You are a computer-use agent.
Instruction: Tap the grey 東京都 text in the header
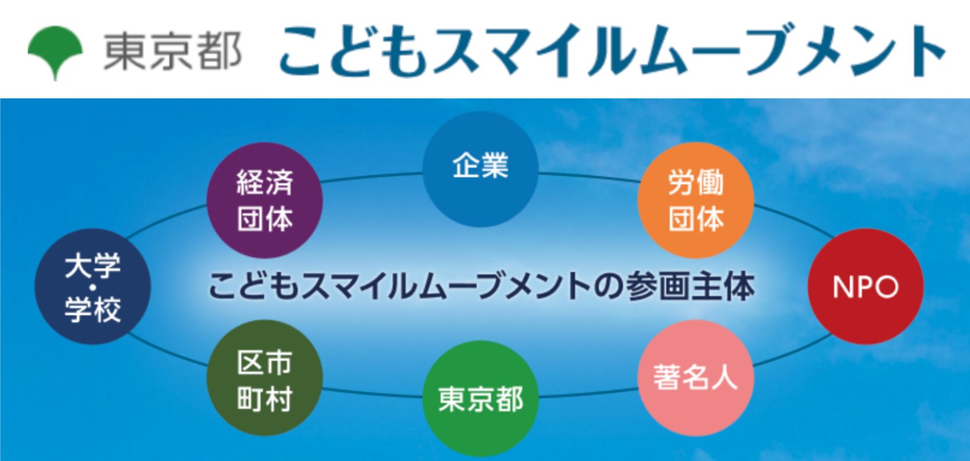pyautogui.click(x=172, y=52)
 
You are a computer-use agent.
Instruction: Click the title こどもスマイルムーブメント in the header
pyautogui.click(x=612, y=51)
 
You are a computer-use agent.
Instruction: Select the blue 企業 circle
pyautogui.click(x=480, y=169)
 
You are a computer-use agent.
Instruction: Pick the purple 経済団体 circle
pyautogui.click(x=265, y=200)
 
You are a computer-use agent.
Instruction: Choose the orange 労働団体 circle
pyautogui.click(x=696, y=200)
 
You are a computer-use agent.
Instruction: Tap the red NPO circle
pyautogui.click(x=866, y=286)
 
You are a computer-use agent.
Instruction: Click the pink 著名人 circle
pyautogui.click(x=696, y=378)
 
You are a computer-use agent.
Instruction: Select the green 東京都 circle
pyautogui.click(x=480, y=399)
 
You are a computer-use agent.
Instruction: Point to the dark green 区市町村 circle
pyautogui.click(x=265, y=378)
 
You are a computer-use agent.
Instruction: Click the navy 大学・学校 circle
pyautogui.click(x=92, y=286)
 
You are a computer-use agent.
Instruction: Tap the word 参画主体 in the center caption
pyautogui.click(x=690, y=286)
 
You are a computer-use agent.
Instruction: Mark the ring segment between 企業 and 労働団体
pyautogui.click(x=589, y=177)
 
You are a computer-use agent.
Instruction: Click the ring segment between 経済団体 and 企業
pyautogui.click(x=372, y=177)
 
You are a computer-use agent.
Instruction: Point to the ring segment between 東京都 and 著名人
pyautogui.click(x=589, y=392)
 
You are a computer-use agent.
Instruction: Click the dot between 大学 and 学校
pyautogui.click(x=92, y=287)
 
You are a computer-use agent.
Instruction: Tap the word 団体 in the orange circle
pyautogui.click(x=696, y=218)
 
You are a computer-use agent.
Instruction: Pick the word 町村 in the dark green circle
pyautogui.click(x=265, y=398)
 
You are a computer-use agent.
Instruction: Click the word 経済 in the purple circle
pyautogui.click(x=265, y=183)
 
